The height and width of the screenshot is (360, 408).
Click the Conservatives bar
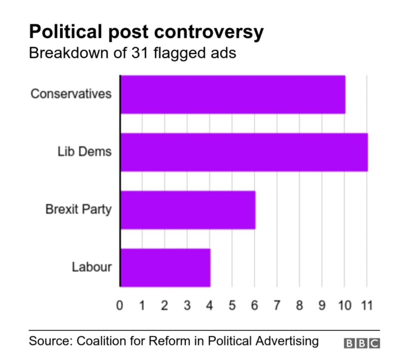pos(233,94)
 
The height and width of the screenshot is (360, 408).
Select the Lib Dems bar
pos(244,152)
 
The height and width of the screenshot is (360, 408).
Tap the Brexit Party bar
pos(188,210)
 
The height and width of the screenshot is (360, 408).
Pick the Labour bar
pos(165,267)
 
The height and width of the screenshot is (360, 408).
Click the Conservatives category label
pos(71,94)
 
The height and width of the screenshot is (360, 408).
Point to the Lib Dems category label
pos(85,152)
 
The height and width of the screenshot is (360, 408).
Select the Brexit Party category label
pos(79,209)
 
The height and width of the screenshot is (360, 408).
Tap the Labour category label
pos(92,267)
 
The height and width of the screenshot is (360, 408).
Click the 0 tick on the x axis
pos(120,305)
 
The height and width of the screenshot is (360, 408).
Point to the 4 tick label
pos(210,305)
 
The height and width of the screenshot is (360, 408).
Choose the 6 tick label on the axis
pos(255,305)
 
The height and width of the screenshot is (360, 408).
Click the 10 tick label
pos(344,305)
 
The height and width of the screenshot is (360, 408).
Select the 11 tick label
pos(367,305)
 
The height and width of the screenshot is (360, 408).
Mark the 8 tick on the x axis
pos(300,305)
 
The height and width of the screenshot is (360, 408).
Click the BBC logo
pos(362,343)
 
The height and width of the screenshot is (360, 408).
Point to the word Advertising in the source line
pos(287,341)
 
